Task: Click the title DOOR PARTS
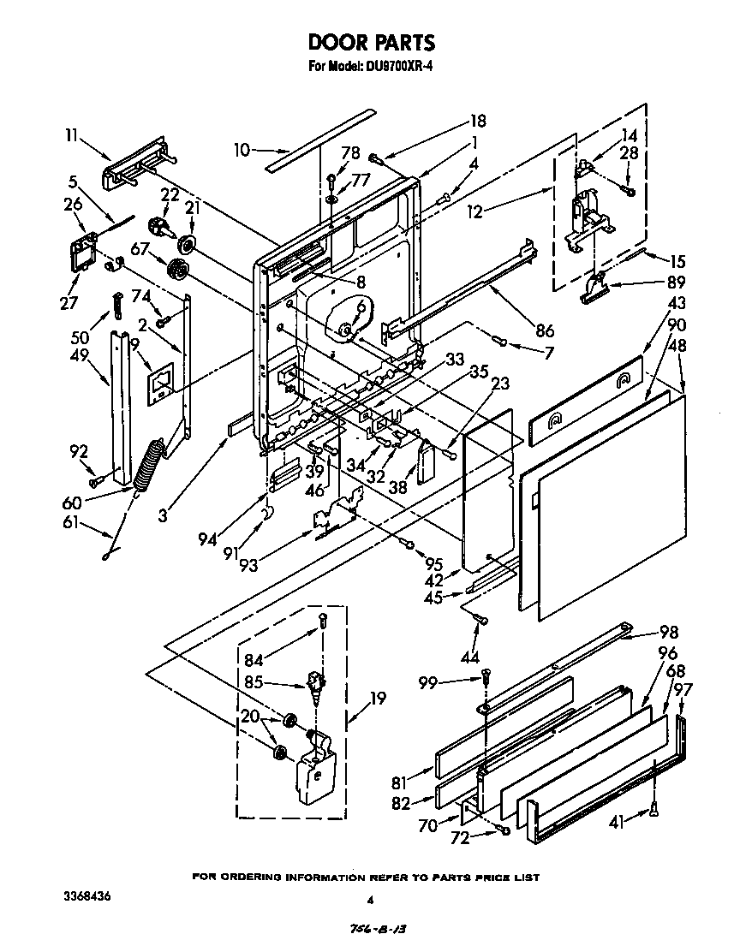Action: click(x=371, y=42)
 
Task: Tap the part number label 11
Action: click(x=72, y=134)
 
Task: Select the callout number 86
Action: click(x=544, y=330)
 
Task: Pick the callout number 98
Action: click(x=668, y=633)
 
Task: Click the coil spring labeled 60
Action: click(x=150, y=465)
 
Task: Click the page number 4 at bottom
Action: click(x=371, y=900)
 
